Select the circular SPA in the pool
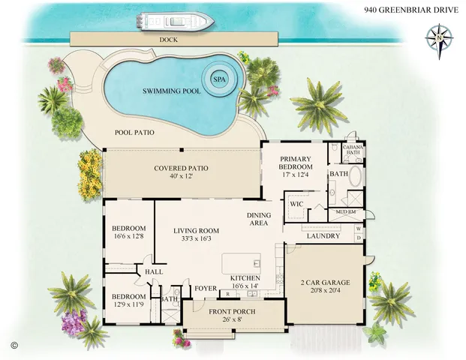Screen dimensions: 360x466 [219, 78]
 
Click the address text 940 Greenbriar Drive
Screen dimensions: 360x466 [411, 10]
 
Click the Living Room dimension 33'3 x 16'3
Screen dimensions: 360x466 [197, 238]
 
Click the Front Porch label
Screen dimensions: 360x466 [233, 311]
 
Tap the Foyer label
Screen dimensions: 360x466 [206, 287]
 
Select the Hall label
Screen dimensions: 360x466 [155, 271]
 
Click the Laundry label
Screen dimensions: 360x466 [323, 236]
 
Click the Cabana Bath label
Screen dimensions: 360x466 [353, 149]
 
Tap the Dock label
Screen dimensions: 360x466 [168, 40]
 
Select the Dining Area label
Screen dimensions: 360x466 [259, 219]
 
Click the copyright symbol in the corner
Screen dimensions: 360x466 [13, 344]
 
